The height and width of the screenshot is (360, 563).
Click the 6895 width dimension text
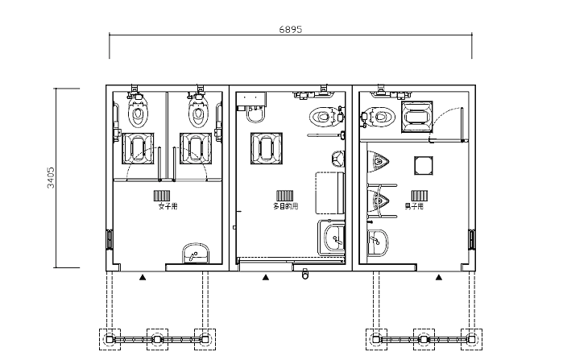click(x=291, y=30)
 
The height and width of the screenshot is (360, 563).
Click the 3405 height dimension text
click(x=52, y=177)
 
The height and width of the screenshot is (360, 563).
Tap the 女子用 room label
click(x=168, y=206)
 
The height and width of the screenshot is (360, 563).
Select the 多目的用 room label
click(x=285, y=206)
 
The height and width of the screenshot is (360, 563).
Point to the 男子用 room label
click(x=414, y=206)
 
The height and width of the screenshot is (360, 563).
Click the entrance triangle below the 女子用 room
click(x=143, y=277)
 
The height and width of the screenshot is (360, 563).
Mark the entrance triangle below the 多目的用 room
click(x=265, y=277)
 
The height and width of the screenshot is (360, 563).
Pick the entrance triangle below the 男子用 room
click(x=439, y=277)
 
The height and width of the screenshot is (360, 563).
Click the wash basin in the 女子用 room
click(x=196, y=254)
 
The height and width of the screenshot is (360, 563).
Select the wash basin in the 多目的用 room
click(x=334, y=238)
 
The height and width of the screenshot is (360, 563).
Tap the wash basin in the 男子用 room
click(x=378, y=242)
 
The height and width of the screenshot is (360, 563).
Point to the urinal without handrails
click(x=378, y=163)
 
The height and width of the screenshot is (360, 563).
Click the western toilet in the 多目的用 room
click(x=324, y=117)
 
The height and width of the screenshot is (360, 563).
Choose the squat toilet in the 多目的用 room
click(x=267, y=149)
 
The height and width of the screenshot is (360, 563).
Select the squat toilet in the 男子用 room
click(x=417, y=117)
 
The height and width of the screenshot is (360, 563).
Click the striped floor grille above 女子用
click(x=162, y=196)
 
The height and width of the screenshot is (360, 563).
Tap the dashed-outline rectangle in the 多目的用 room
click(x=329, y=193)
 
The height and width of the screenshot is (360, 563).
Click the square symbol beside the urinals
click(x=424, y=165)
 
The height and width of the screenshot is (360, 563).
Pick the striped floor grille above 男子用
click(x=420, y=196)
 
